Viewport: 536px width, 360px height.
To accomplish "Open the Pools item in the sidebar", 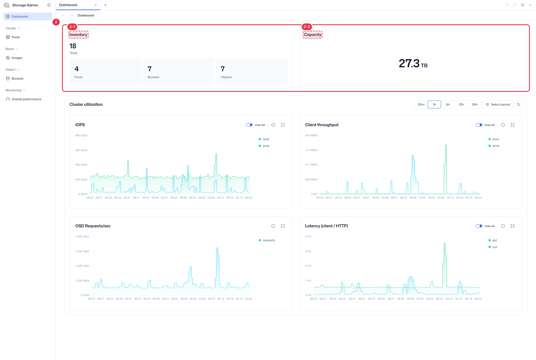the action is [x=16, y=37].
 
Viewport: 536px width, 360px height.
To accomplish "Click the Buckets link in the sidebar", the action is [x=17, y=78].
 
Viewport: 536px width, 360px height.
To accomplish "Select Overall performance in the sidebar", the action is [x=26, y=99].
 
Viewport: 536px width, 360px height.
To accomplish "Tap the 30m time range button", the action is [x=421, y=104].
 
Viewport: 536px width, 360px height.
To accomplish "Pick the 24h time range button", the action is [x=475, y=104].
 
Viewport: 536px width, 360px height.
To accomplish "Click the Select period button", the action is [x=498, y=104].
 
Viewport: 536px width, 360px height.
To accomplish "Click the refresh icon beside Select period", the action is [x=518, y=104].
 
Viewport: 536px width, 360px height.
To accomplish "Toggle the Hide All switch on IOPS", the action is [x=249, y=125].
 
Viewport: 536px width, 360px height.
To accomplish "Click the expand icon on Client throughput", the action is [x=513, y=125].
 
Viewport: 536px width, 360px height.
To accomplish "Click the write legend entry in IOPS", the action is [x=264, y=146].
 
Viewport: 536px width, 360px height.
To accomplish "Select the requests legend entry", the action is [x=267, y=240].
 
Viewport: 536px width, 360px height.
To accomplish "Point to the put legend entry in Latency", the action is [x=493, y=247].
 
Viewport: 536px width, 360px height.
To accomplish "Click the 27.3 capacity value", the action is [x=409, y=63].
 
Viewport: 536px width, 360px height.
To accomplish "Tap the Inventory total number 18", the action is [x=73, y=46].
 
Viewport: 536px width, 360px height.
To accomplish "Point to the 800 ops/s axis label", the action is [x=81, y=135].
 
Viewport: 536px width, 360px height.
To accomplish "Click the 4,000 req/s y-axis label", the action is [x=82, y=237].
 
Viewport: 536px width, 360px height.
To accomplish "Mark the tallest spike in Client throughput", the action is [x=446, y=145].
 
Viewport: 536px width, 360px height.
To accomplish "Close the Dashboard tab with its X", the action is [x=96, y=5].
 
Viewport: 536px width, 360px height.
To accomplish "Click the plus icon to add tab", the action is [x=106, y=5].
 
